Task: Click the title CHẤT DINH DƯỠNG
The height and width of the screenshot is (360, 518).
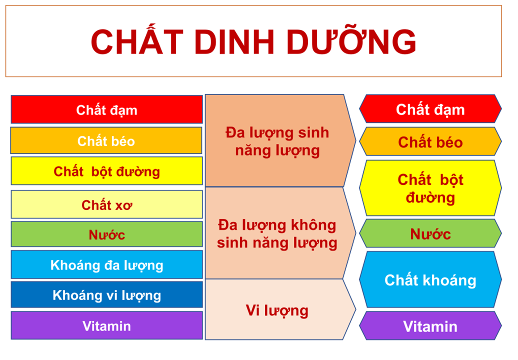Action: tap(253, 41)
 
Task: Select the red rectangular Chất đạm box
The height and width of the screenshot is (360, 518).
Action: tap(106, 109)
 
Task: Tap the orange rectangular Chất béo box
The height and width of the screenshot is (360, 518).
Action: tap(106, 140)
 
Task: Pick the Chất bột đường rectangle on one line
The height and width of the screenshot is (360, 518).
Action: tap(106, 171)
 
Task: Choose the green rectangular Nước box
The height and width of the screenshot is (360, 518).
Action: tap(106, 234)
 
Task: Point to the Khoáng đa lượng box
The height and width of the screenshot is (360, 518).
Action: tap(106, 264)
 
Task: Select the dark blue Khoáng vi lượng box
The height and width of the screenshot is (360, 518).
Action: tap(106, 294)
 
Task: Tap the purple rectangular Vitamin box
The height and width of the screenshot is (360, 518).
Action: tap(106, 325)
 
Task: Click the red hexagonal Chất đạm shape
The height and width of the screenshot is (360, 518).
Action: tap(430, 108)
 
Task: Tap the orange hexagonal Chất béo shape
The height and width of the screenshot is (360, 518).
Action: tap(430, 141)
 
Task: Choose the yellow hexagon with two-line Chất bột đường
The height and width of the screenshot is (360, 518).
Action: tap(430, 188)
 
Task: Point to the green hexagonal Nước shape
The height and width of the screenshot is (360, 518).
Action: tap(430, 233)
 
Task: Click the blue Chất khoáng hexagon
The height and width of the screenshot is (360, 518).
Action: tap(430, 279)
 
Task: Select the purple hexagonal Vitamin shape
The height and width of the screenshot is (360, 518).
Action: tap(430, 325)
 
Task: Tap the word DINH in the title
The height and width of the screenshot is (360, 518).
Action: tap(234, 42)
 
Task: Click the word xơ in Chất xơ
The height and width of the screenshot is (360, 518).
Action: tap(123, 206)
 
